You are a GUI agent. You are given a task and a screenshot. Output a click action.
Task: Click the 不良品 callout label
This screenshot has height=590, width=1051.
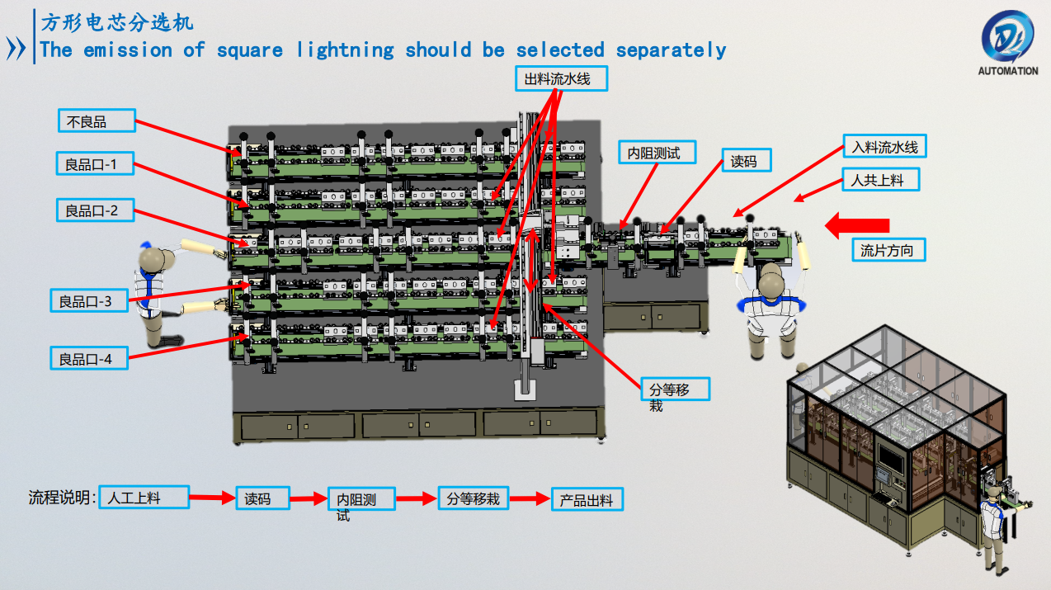(96, 121)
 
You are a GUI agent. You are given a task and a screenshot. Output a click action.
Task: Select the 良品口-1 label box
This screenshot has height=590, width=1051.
(96, 164)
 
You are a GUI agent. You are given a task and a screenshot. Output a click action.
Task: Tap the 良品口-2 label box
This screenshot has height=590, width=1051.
(96, 210)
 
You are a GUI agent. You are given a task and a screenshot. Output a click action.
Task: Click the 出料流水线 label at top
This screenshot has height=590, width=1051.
(563, 79)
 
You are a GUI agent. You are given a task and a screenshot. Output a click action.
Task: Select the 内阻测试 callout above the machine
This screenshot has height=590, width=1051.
(657, 153)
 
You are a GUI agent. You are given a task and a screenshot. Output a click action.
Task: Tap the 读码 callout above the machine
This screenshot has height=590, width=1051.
(746, 161)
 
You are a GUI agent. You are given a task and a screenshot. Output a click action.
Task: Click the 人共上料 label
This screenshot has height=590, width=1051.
(880, 179)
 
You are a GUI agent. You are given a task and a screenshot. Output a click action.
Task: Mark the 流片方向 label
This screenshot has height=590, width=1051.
(887, 250)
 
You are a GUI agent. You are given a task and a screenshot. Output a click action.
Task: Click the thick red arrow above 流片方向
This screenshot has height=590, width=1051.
(858, 224)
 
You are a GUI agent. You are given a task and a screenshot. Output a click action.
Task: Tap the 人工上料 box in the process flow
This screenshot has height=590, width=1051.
(144, 497)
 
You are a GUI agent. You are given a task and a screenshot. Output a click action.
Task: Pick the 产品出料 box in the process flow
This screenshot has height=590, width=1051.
(587, 499)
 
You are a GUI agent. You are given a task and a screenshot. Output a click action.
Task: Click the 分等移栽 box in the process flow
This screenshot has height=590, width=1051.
(474, 498)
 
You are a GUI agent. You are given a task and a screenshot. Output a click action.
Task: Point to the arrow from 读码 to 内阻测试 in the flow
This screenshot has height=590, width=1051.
(309, 498)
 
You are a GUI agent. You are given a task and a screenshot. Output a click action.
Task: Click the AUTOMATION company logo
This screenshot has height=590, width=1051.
(1007, 41)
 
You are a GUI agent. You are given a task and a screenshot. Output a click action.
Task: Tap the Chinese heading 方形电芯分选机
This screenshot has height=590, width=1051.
(117, 22)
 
